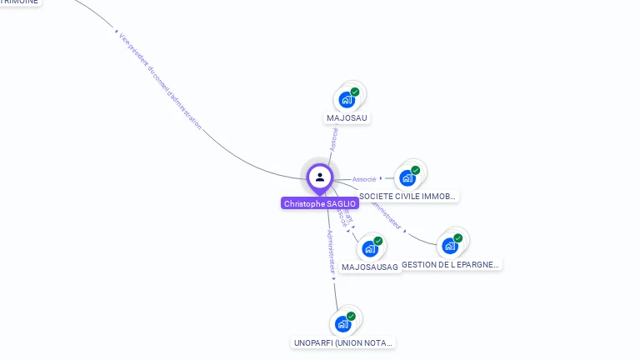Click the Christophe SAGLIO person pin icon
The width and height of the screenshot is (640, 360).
[320, 177]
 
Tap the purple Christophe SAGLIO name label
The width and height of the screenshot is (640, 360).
[320, 203]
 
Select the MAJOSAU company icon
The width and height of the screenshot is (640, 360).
[347, 100]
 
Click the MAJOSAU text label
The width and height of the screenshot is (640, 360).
[347, 117]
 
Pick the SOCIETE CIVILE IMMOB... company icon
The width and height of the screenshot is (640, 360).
[407, 177]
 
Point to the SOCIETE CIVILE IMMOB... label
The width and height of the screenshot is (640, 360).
[407, 197]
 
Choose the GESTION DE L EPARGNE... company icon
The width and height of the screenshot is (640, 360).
[450, 246]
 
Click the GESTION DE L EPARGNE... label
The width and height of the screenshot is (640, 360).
[451, 264]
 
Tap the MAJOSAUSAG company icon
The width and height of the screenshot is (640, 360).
[370, 248]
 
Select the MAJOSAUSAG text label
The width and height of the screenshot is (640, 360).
[370, 267]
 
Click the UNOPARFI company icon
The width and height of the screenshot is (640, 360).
[342, 323]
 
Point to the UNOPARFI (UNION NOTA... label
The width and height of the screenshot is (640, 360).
[342, 342]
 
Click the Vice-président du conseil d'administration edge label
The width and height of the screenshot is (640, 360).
[160, 80]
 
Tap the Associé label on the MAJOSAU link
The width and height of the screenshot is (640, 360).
[334, 138]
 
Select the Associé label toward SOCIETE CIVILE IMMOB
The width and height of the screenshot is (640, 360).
[364, 179]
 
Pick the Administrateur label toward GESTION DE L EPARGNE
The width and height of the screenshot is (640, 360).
[385, 213]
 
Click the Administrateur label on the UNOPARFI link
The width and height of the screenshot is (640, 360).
[331, 252]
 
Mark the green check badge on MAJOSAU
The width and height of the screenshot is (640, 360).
[355, 92]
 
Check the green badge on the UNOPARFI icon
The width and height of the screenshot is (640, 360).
[351, 316]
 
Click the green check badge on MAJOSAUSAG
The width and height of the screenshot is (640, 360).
[378, 241]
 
